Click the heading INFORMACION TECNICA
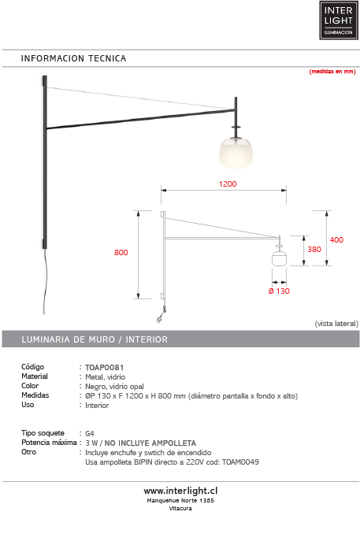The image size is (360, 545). [x=73, y=59]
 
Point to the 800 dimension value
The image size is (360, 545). [x=121, y=253]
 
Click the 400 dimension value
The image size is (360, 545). [x=336, y=239]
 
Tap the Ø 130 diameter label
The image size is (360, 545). [x=278, y=291]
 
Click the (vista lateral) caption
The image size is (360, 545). [x=336, y=324]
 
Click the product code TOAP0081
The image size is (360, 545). [x=105, y=367]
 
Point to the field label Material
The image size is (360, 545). [x=35, y=376]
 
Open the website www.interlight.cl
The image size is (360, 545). [x=180, y=490]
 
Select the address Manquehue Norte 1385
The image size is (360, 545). [x=180, y=500]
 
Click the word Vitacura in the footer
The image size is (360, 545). [x=180, y=509]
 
